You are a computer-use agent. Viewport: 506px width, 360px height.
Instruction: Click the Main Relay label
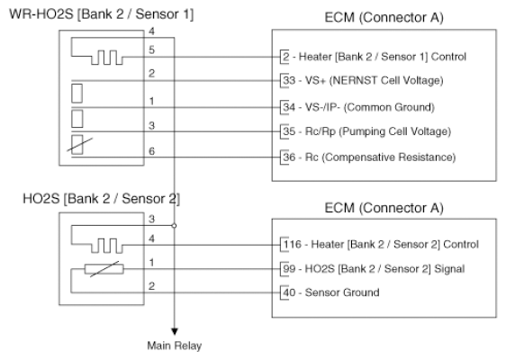[x=175, y=346]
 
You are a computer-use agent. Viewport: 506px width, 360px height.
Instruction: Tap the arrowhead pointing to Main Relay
[x=175, y=331]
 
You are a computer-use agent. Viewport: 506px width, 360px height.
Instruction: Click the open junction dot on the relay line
[x=175, y=226]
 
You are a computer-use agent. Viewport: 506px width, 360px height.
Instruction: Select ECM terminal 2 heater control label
[x=375, y=57]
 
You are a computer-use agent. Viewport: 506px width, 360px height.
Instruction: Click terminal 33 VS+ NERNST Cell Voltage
[x=363, y=80]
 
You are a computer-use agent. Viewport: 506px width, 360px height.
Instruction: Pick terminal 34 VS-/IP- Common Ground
[x=358, y=107]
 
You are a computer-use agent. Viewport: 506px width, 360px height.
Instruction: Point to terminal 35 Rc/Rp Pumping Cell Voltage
[x=367, y=131]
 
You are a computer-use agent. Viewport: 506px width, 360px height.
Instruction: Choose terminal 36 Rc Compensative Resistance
[x=369, y=157]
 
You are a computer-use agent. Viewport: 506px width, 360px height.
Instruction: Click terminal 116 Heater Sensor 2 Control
[x=381, y=245]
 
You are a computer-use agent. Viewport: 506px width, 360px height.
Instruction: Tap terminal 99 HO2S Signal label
[x=374, y=269]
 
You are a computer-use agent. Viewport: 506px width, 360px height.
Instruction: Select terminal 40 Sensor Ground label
[x=331, y=292]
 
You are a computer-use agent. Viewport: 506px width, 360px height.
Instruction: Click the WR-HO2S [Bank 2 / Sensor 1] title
[x=102, y=14]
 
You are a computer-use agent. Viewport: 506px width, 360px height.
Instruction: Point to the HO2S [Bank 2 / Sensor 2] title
[x=102, y=199]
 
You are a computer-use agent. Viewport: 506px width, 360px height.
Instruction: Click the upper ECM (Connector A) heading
[x=384, y=17]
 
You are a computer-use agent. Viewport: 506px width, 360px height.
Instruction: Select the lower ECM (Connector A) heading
[x=384, y=208]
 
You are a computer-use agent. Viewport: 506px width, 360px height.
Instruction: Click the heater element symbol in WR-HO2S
[x=107, y=58]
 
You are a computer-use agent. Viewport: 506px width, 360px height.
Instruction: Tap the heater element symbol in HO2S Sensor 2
[x=107, y=246]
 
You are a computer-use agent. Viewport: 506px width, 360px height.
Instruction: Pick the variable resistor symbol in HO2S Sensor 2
[x=104, y=269]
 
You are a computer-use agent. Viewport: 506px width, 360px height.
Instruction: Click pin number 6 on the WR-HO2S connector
[x=151, y=151]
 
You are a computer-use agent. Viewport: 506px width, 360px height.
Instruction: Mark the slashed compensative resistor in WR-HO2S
[x=77, y=145]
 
